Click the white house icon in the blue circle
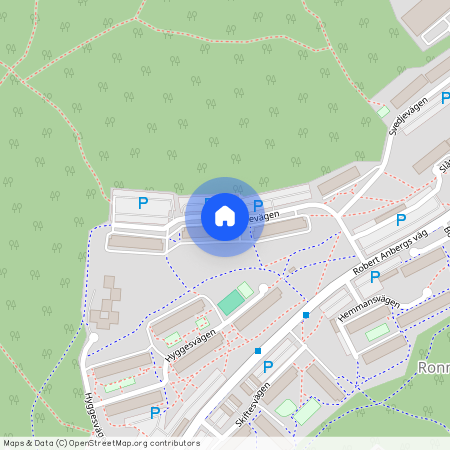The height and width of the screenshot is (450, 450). (225, 216)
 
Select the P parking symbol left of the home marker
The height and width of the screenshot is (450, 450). (142, 203)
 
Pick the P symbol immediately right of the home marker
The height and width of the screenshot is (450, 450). (258, 206)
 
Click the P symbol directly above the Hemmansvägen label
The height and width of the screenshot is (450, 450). (375, 277)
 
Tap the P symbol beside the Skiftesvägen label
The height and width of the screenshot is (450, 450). (267, 367)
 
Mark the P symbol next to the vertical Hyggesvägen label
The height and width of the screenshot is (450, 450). (154, 412)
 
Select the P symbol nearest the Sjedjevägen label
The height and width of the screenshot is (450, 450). (401, 219)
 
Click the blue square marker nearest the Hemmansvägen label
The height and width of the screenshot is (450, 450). (306, 315)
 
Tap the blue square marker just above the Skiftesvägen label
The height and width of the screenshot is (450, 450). (257, 351)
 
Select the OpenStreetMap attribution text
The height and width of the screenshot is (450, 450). (101, 443)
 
